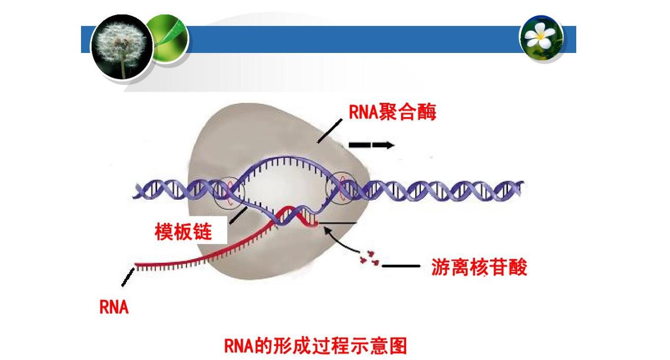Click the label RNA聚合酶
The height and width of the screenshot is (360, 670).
(x=392, y=112)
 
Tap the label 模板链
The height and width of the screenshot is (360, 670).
(x=183, y=231)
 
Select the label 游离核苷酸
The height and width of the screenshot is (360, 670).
(x=479, y=267)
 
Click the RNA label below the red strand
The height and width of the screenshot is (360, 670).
(x=114, y=307)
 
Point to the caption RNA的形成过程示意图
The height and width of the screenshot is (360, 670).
(x=315, y=346)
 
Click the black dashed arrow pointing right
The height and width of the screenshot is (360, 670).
(x=371, y=145)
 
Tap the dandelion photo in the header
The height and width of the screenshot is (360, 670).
(x=122, y=47)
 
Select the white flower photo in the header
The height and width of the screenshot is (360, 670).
(x=541, y=38)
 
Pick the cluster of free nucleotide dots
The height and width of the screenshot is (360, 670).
(x=370, y=258)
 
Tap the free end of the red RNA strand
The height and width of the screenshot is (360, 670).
(x=136, y=265)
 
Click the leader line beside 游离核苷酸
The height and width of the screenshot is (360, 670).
(x=401, y=266)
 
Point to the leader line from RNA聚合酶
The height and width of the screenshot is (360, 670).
(x=330, y=131)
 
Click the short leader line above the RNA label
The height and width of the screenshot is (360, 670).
(x=128, y=277)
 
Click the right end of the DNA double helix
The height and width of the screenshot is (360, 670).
(x=522, y=187)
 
